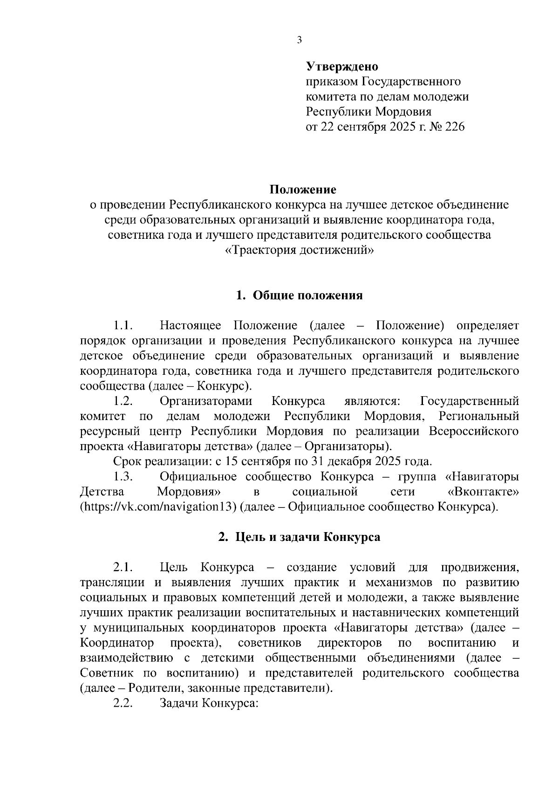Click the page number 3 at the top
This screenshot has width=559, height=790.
[x=299, y=40]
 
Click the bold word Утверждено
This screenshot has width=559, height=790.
[x=342, y=67]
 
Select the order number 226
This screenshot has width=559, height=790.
[x=455, y=127]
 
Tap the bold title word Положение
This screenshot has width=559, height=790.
[x=303, y=189]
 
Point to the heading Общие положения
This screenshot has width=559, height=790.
[x=307, y=296]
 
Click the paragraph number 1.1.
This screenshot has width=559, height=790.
[x=123, y=325]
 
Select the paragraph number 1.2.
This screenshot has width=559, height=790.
[x=123, y=401]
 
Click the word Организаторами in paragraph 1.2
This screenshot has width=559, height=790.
[x=206, y=401]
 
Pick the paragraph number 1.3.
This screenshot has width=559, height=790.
[x=123, y=477]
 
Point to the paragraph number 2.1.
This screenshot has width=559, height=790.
[x=123, y=567]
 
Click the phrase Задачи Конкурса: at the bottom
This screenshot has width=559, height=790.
[x=209, y=703]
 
